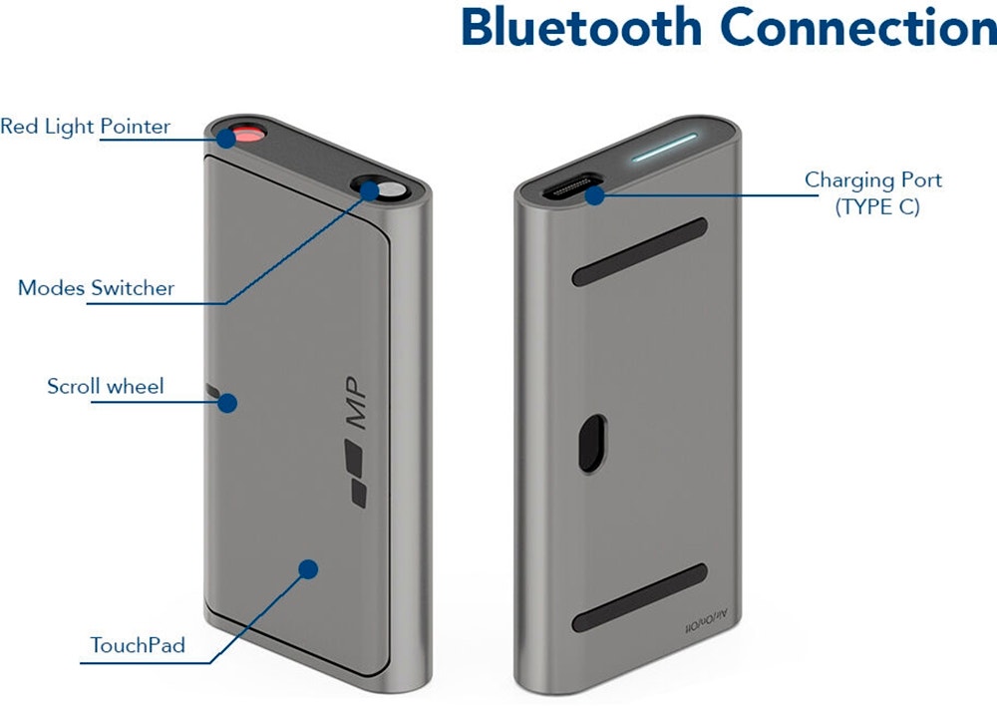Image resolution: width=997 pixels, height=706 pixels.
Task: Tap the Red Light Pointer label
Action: tap(85, 127)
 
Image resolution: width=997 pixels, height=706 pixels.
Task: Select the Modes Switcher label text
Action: tap(96, 288)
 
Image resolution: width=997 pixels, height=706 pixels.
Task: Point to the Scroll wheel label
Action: tap(106, 386)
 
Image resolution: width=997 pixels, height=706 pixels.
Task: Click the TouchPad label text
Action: tap(138, 645)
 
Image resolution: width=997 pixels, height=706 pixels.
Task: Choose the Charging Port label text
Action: tap(872, 180)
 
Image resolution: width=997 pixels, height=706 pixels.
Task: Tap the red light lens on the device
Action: tap(247, 135)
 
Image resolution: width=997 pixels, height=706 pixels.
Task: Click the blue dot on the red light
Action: tap(227, 138)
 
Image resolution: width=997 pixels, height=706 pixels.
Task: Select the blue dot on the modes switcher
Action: tap(371, 189)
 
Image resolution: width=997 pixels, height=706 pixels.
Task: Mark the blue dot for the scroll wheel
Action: tap(227, 403)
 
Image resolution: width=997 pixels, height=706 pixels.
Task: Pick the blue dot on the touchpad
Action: tap(308, 569)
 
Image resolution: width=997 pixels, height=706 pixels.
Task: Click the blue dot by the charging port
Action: tap(594, 194)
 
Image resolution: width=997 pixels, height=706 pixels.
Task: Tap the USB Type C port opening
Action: tap(568, 187)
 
